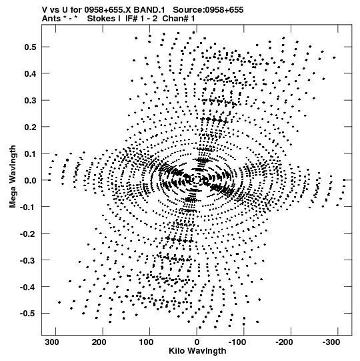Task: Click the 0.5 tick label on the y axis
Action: pos(31,47)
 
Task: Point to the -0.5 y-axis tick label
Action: pos(28,314)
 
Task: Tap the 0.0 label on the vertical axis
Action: pos(31,180)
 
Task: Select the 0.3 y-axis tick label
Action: pos(31,100)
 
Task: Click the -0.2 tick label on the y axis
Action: pos(28,234)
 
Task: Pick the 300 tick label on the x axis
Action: pos(53,342)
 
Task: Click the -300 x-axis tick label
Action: pos(331,342)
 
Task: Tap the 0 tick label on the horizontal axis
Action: pos(197,342)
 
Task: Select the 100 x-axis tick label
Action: pos(147,342)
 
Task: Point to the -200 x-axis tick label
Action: pos(284,342)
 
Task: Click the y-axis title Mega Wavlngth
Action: pos(13,177)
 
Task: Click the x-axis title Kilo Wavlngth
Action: pos(197,351)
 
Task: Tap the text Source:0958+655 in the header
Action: pos(208,10)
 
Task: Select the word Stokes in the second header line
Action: pos(103,19)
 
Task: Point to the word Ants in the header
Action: pos(52,19)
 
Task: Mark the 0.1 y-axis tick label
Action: pos(31,153)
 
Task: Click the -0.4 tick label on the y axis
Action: pos(28,287)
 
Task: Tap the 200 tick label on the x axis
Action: pos(100,342)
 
